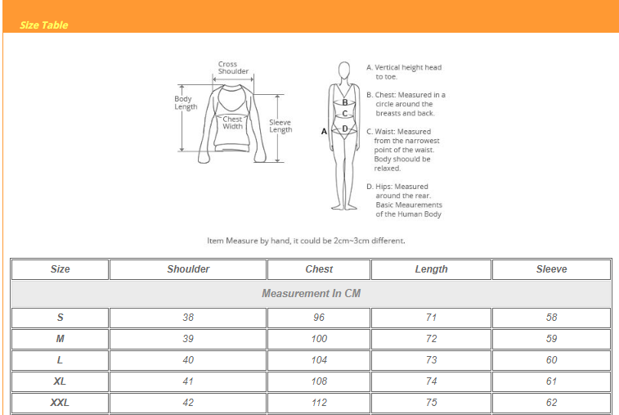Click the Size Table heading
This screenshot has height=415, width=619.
click(44, 25)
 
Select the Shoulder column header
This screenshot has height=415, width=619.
click(188, 269)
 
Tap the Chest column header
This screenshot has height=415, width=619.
click(319, 269)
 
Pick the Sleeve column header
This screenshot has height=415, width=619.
click(551, 269)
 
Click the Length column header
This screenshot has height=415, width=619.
click(431, 269)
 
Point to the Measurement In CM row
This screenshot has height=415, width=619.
click(311, 293)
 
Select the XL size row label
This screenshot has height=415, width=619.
click(60, 381)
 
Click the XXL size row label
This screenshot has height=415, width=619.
click(60, 403)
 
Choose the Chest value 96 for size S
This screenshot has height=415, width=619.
click(319, 318)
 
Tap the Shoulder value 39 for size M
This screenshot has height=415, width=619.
click(188, 339)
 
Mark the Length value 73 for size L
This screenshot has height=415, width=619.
click(431, 360)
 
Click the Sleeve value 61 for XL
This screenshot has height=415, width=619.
click(551, 381)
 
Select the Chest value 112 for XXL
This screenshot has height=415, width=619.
click(319, 403)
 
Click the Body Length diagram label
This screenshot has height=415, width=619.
click(186, 103)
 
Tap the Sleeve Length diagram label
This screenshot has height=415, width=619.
click(280, 126)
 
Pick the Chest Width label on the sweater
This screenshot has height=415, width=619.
click(233, 123)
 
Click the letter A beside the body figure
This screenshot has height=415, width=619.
click(325, 131)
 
